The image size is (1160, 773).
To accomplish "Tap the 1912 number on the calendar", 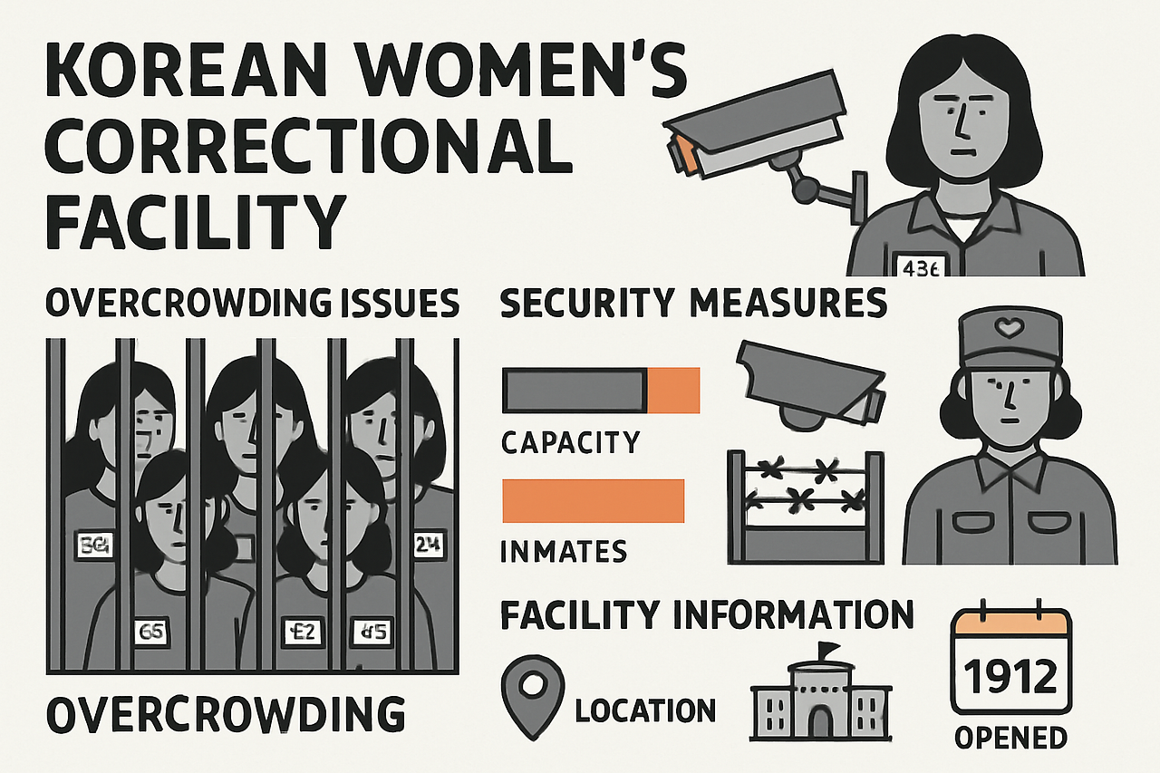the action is tap(1010, 675).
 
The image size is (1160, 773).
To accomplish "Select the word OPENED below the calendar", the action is tap(1010, 737).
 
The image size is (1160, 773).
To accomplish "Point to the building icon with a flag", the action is tap(820, 692).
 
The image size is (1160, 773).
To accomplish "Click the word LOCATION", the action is tap(645, 710).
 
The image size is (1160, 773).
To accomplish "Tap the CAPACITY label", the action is tap(571, 442).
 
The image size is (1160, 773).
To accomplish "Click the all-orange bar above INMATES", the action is tap(594, 500).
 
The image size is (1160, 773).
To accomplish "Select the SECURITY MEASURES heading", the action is tap(693, 304).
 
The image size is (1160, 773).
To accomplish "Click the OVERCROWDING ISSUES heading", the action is tap(252, 304).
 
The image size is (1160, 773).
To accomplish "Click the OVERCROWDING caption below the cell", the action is tap(225, 714).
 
